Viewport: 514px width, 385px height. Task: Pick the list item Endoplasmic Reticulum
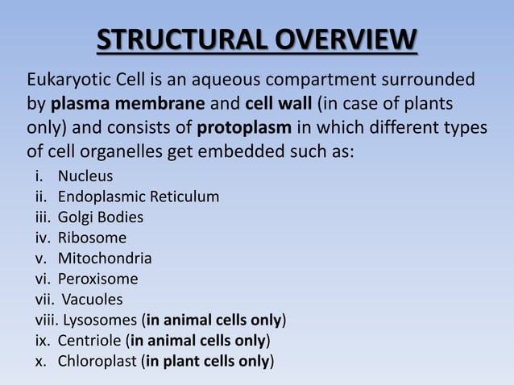138,197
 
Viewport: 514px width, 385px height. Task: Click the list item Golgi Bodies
101,217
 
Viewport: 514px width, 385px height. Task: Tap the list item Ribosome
91,238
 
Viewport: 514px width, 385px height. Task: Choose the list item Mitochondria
104,259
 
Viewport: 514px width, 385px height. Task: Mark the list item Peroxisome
97,279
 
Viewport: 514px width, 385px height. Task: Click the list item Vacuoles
95,300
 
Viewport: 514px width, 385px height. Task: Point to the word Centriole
90,341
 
